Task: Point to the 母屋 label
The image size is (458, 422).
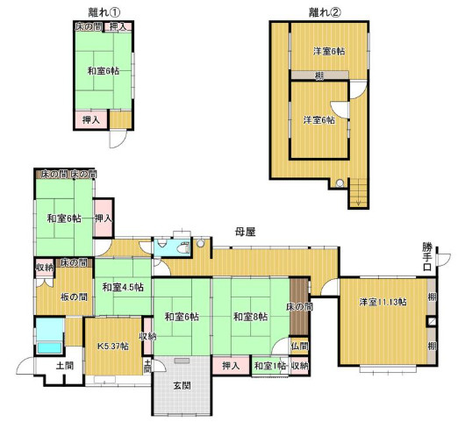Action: (244, 232)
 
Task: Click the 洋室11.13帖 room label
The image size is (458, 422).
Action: (382, 303)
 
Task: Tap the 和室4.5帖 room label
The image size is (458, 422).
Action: (121, 288)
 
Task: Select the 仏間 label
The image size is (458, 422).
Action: (299, 347)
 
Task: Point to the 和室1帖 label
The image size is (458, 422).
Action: (268, 366)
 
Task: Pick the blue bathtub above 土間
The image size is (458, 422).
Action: (48, 334)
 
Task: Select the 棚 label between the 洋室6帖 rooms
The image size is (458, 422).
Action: (319, 76)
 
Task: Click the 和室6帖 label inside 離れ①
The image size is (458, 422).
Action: (104, 70)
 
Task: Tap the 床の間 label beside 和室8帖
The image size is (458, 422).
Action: (299, 307)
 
